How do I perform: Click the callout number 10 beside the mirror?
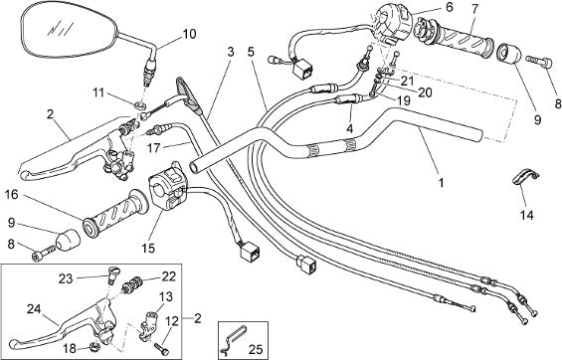pos(189,35)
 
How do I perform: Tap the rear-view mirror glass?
pos(68,30)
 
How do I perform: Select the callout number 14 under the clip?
pos(527,215)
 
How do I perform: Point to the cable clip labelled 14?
pos(524,177)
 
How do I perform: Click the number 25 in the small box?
pos(256,349)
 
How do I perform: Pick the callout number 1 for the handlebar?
pos(442,183)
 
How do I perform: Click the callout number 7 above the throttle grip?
pos(474,9)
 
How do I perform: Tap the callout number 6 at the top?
pos(449,7)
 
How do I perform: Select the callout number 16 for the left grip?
pos(12,195)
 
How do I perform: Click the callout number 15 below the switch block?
pos(148,248)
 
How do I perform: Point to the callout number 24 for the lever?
pos(34,308)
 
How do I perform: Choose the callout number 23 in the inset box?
pos(66,278)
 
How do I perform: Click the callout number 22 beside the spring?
pos(169,276)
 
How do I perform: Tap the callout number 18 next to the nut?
pos(71,348)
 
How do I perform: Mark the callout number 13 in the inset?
pos(166,296)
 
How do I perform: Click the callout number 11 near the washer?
pos(97,93)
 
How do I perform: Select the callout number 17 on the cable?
pos(153,147)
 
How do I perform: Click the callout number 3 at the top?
pos(231,53)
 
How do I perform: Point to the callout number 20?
pos(425,92)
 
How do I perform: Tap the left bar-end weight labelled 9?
pos(68,240)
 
